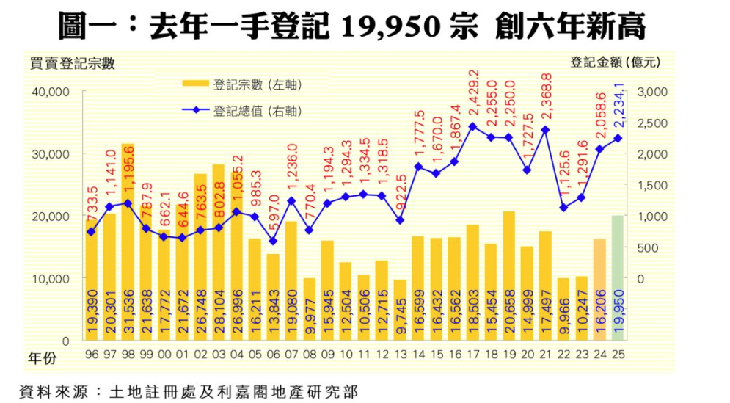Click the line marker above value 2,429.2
pos(473,126)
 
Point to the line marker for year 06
pos(272,241)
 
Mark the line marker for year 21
pos(545,130)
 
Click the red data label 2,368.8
pos(545,99)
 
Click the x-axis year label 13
pos(400,355)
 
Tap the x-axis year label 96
pos(91,355)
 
